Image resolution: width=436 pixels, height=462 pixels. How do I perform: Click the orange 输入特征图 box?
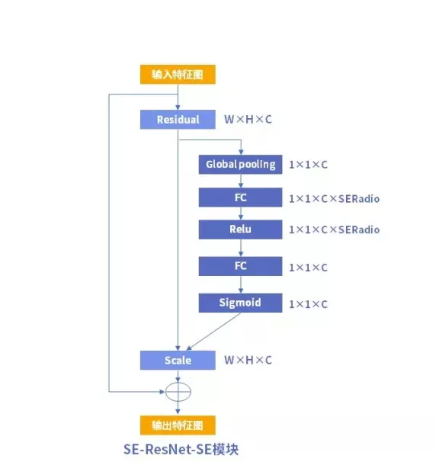coord(178,75)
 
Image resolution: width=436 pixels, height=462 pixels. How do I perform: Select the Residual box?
coord(178,120)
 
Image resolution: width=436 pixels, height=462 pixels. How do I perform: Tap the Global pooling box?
coord(240,165)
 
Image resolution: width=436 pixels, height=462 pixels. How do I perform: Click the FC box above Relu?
coord(240,197)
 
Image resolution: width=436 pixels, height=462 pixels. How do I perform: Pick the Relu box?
coord(240,229)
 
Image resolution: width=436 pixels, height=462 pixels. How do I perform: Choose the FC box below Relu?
coord(240,266)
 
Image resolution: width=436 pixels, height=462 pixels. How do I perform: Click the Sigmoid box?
coord(240,303)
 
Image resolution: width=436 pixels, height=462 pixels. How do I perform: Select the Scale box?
coord(178,360)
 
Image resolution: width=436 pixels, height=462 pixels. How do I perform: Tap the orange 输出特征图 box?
coord(178,425)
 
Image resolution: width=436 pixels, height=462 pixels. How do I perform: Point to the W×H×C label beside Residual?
coord(248,120)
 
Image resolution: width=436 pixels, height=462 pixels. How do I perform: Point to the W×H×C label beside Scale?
coord(248,360)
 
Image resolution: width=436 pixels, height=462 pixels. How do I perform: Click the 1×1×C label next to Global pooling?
coord(308,165)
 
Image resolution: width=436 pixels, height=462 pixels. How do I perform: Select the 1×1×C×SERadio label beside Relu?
coord(334,229)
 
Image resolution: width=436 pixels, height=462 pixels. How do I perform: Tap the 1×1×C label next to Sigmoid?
coord(308,304)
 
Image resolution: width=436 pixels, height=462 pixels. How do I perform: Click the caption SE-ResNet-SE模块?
coord(181,449)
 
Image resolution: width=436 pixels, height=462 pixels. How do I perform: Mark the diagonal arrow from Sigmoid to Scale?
coord(213,332)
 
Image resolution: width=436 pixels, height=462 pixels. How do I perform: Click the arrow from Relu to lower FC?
coord(241,248)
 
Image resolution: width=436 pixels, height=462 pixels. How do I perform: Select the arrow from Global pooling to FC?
coord(241,181)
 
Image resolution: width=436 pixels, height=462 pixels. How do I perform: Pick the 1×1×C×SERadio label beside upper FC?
coord(334,199)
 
